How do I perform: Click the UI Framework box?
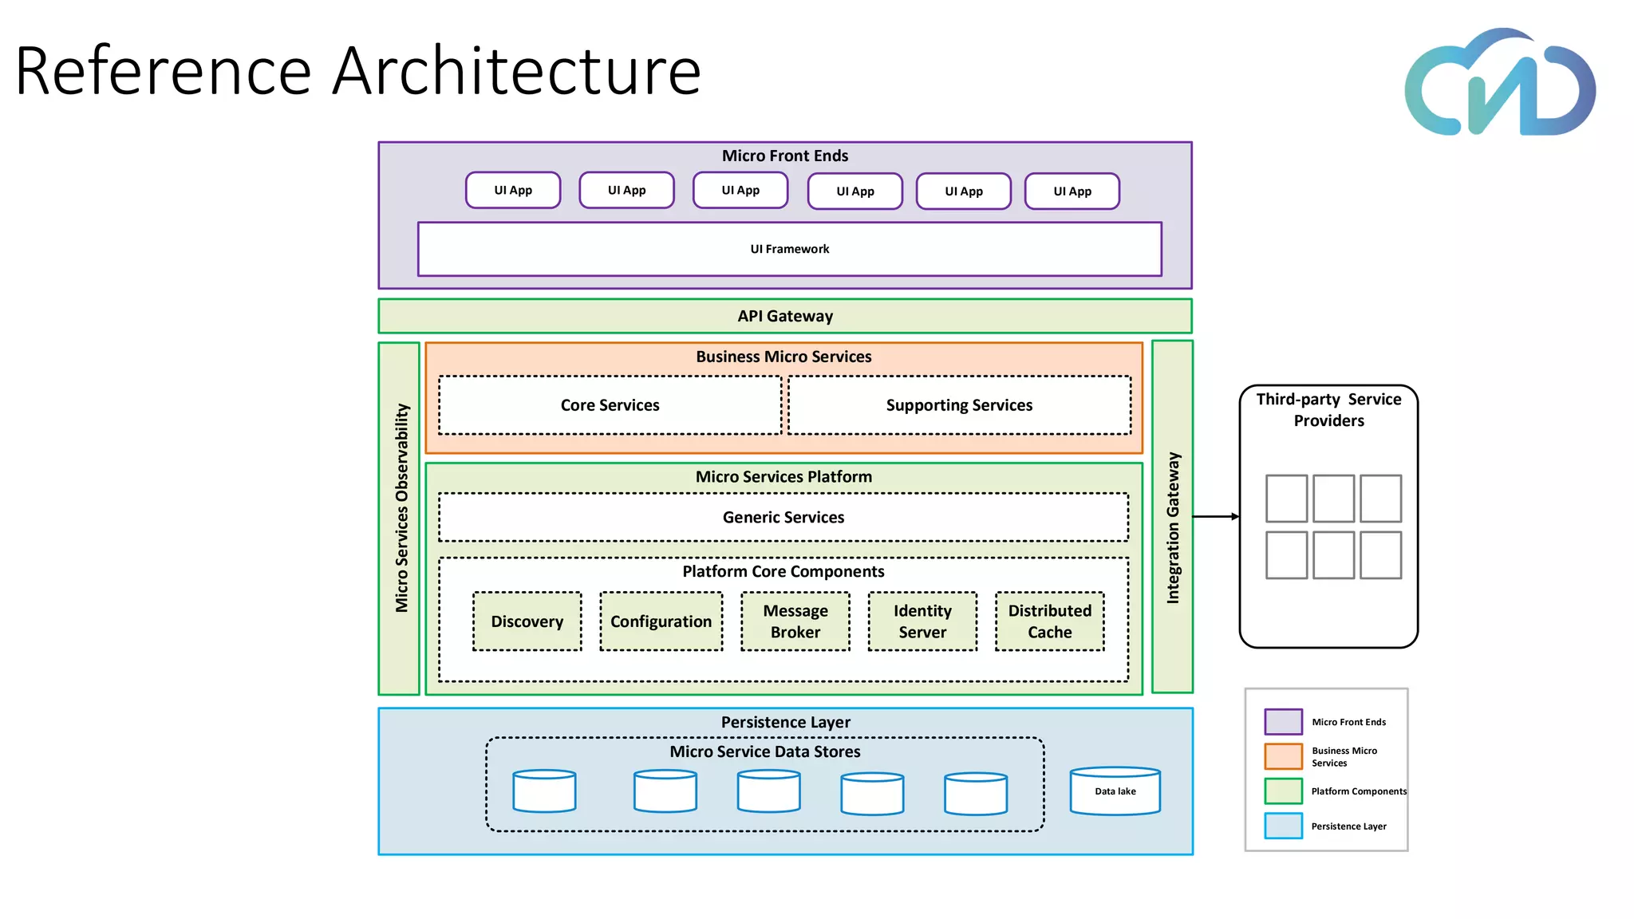click(x=789, y=249)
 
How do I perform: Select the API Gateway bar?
click(x=785, y=316)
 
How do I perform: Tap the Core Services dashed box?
click(x=610, y=405)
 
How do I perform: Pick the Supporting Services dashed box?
click(x=959, y=405)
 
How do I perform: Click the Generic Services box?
click(x=783, y=517)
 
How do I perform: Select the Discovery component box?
click(x=527, y=621)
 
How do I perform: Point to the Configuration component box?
click(x=661, y=621)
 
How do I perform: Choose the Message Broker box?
click(x=795, y=621)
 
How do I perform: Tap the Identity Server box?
click(x=922, y=621)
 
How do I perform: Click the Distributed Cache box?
click(x=1049, y=621)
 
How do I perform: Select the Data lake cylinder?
click(x=1115, y=791)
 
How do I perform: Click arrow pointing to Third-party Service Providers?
click(x=1216, y=517)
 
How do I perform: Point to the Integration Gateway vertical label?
click(x=1173, y=527)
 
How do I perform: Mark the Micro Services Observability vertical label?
click(x=401, y=508)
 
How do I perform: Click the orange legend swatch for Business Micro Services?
click(x=1283, y=756)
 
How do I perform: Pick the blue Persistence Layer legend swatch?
click(x=1283, y=826)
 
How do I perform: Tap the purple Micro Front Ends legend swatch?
click(x=1283, y=721)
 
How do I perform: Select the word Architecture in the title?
click(x=516, y=71)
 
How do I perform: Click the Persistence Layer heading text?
click(x=785, y=722)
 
